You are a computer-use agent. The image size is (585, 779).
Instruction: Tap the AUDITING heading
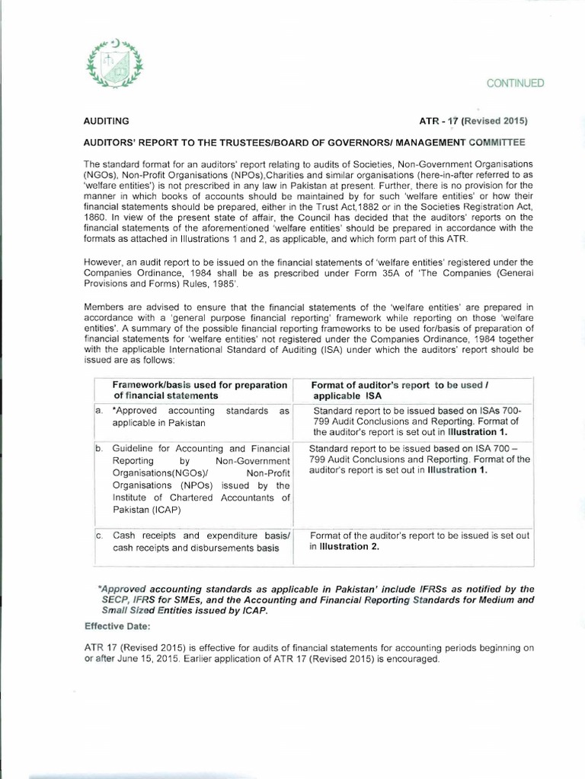click(106, 121)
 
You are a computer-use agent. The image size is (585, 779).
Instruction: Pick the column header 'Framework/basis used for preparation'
click(200, 385)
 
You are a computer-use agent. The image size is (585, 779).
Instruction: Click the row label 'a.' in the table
click(99, 411)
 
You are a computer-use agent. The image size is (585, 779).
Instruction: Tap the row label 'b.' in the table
click(99, 449)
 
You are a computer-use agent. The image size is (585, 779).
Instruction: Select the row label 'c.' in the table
click(99, 536)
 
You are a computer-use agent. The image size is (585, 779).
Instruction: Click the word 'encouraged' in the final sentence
click(414, 659)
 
